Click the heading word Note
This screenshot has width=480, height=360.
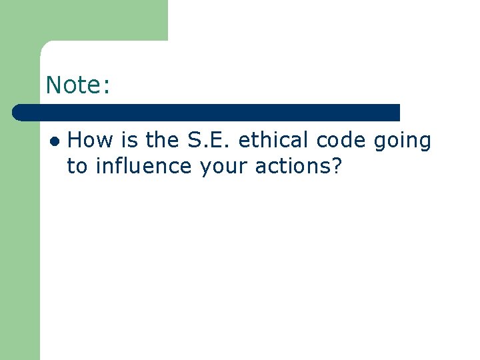coord(74,85)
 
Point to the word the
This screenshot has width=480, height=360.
coord(162,141)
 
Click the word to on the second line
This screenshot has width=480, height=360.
coord(77,167)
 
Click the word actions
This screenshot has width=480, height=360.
coord(295,167)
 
